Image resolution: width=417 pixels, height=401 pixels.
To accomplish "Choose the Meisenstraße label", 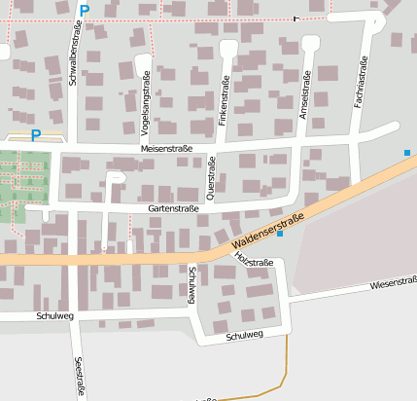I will point(167,148).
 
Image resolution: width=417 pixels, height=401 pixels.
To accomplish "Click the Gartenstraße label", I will point(173,208).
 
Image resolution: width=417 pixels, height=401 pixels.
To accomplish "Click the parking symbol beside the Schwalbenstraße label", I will point(85,11).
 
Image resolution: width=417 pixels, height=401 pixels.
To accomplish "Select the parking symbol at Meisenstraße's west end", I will point(36,135).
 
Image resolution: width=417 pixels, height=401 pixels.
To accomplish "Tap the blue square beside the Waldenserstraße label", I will point(280,234).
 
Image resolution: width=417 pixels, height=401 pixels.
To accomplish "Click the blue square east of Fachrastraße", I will point(406,152).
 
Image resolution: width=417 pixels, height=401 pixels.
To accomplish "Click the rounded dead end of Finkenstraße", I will point(228,47).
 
